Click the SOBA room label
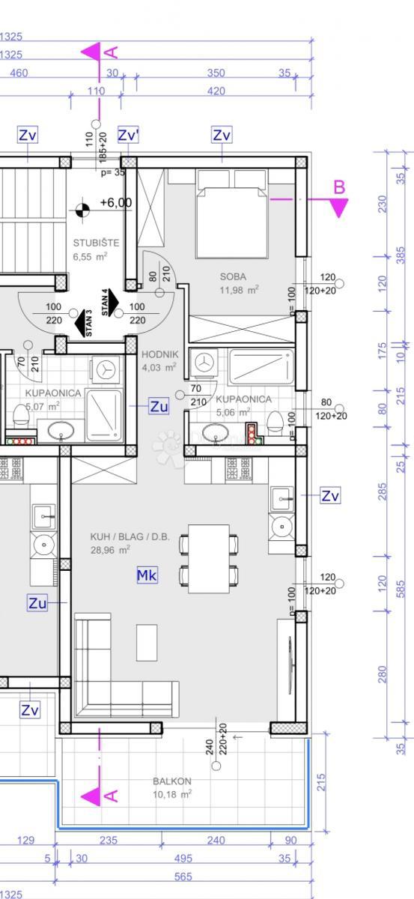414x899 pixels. click(233, 276)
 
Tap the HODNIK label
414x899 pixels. click(159, 354)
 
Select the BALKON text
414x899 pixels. click(171, 781)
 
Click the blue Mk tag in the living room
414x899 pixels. click(147, 575)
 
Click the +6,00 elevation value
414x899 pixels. click(115, 203)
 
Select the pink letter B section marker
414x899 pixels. click(339, 187)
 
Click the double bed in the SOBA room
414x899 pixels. click(232, 217)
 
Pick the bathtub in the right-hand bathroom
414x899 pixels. click(261, 366)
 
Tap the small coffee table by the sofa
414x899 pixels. click(147, 642)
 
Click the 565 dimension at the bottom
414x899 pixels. click(183, 877)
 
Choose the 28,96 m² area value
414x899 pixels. click(111, 549)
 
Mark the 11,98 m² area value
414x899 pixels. click(239, 290)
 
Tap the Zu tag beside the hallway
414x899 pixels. click(159, 407)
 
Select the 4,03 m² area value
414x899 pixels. click(159, 368)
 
